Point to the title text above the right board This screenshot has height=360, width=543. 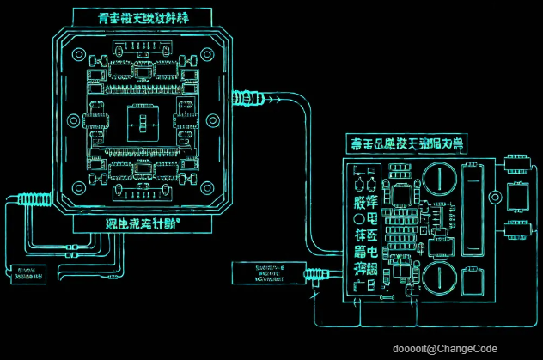(404, 142)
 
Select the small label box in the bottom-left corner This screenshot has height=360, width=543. (26, 275)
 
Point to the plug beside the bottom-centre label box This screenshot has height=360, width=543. (315, 275)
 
